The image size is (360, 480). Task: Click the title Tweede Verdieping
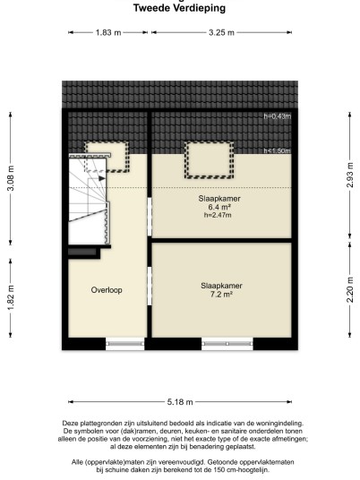[x=179, y=8]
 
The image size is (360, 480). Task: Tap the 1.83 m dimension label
[x=108, y=32]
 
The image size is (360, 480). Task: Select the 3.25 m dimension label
[x=221, y=32]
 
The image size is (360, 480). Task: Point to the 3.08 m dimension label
[x=11, y=178]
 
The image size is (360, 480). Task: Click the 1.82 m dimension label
[x=11, y=297]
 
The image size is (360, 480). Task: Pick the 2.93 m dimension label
[x=350, y=175]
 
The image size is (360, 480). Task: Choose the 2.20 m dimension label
[x=350, y=290]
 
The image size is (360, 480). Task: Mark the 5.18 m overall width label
[x=180, y=402]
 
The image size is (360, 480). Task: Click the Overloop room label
[x=107, y=290]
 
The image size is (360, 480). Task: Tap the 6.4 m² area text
[x=219, y=207]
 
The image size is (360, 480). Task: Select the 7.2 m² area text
[x=221, y=295]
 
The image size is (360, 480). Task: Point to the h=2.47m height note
[x=218, y=215]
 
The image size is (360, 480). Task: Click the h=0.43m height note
[x=278, y=116]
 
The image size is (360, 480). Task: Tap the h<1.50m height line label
[x=278, y=151]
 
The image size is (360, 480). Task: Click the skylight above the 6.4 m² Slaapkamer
[x=209, y=160]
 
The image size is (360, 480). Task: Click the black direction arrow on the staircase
[x=102, y=178]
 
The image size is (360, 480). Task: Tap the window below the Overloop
[x=124, y=344]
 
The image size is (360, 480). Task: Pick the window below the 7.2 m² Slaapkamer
[x=227, y=344]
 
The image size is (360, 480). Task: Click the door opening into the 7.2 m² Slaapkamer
[x=150, y=286]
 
